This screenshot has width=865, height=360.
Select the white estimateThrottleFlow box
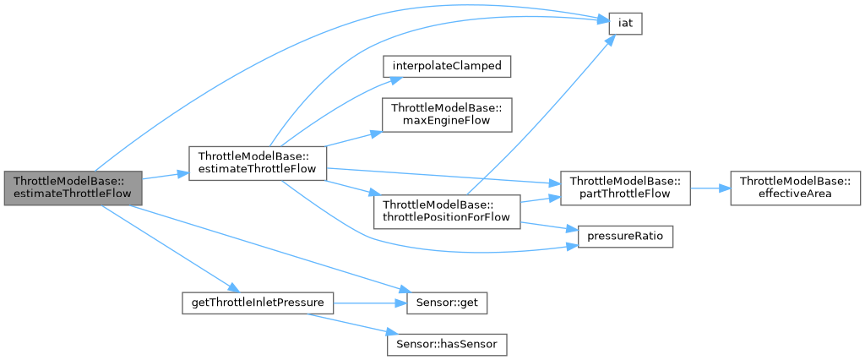click(258, 163)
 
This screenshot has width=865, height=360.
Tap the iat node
click(625, 24)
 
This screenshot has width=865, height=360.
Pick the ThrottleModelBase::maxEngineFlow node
click(448, 114)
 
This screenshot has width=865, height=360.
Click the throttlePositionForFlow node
click(448, 210)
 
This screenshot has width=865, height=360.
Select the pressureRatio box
click(625, 237)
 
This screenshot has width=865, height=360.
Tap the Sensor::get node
click(448, 302)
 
